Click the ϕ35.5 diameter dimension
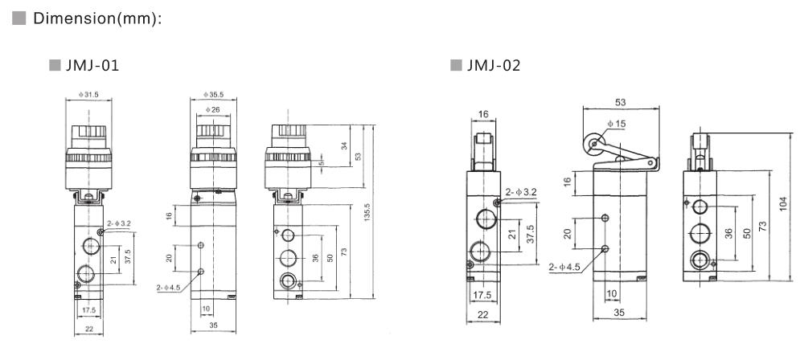tap(213, 95)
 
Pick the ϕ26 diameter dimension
tap(213, 109)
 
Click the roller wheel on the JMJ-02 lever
tap(594, 145)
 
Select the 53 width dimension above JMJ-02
tap(621, 102)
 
